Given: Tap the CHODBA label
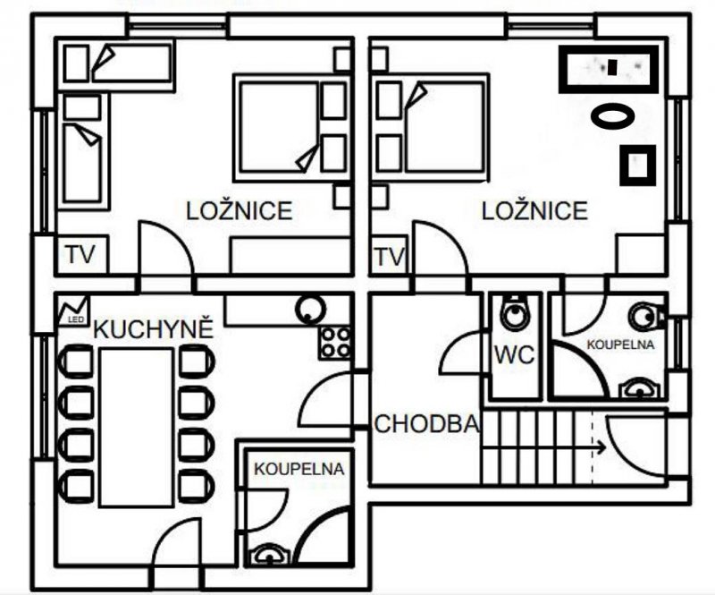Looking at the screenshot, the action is click(x=427, y=424).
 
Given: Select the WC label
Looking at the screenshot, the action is click(x=515, y=354).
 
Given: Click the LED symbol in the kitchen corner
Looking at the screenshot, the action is click(x=73, y=311).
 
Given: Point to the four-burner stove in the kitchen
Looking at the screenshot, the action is click(x=335, y=342).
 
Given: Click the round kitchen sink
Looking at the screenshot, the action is click(x=310, y=309).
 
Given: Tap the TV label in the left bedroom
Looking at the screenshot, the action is click(x=80, y=254).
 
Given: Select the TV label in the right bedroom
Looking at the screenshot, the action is click(x=390, y=257).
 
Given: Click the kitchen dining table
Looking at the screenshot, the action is click(x=137, y=427).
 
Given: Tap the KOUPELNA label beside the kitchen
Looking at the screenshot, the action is click(x=299, y=469).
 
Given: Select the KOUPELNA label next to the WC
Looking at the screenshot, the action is click(x=620, y=344).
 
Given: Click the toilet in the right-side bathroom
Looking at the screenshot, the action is click(x=647, y=316).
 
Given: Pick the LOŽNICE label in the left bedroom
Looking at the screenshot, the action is click(x=239, y=210).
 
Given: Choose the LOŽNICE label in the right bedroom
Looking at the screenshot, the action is click(x=534, y=210).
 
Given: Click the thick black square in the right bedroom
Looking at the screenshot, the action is click(x=638, y=166).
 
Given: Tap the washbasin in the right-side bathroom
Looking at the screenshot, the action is click(x=639, y=389).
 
